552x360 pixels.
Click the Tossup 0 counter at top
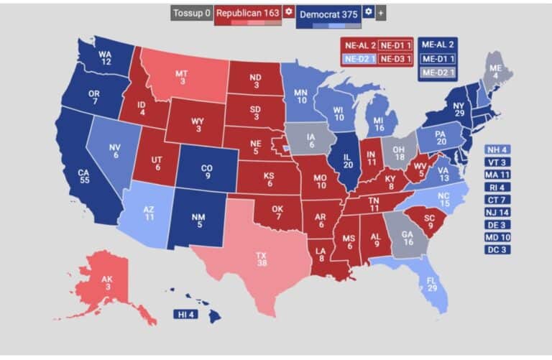coord(191,13)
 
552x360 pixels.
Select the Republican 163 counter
coord(247,13)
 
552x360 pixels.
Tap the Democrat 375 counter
coord(328,13)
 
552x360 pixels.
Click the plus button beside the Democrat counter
coord(381,13)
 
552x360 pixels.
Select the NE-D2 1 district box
coord(359,58)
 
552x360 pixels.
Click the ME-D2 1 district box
coord(438,72)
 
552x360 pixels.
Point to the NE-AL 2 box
coord(359,45)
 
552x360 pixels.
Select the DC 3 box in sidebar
coord(498,249)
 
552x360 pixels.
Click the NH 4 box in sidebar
coord(498,149)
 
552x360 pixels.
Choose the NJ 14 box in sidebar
coord(498,212)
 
